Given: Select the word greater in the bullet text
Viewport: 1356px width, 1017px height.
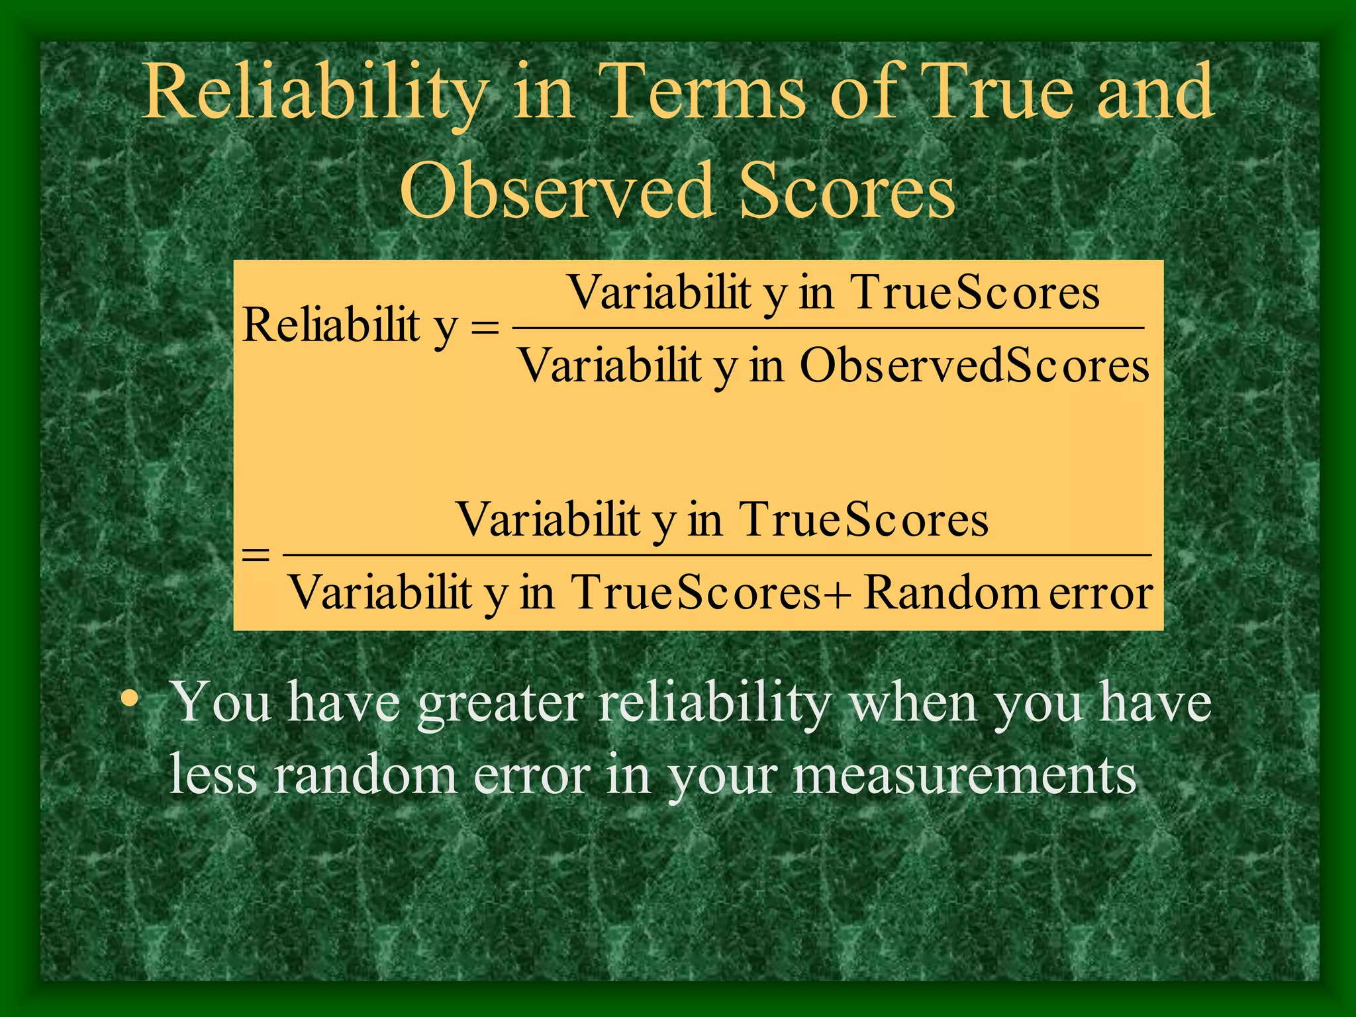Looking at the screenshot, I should (x=501, y=703).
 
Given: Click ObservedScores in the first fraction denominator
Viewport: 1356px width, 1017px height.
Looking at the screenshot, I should (x=974, y=365).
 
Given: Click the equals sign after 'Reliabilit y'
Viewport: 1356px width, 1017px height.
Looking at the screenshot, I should (x=485, y=327).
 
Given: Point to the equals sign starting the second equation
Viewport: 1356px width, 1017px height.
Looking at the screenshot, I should (x=256, y=554).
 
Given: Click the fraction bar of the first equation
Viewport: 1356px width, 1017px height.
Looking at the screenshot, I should (x=828, y=328).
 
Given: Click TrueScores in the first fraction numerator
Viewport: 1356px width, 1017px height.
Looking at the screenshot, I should (x=974, y=293).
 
